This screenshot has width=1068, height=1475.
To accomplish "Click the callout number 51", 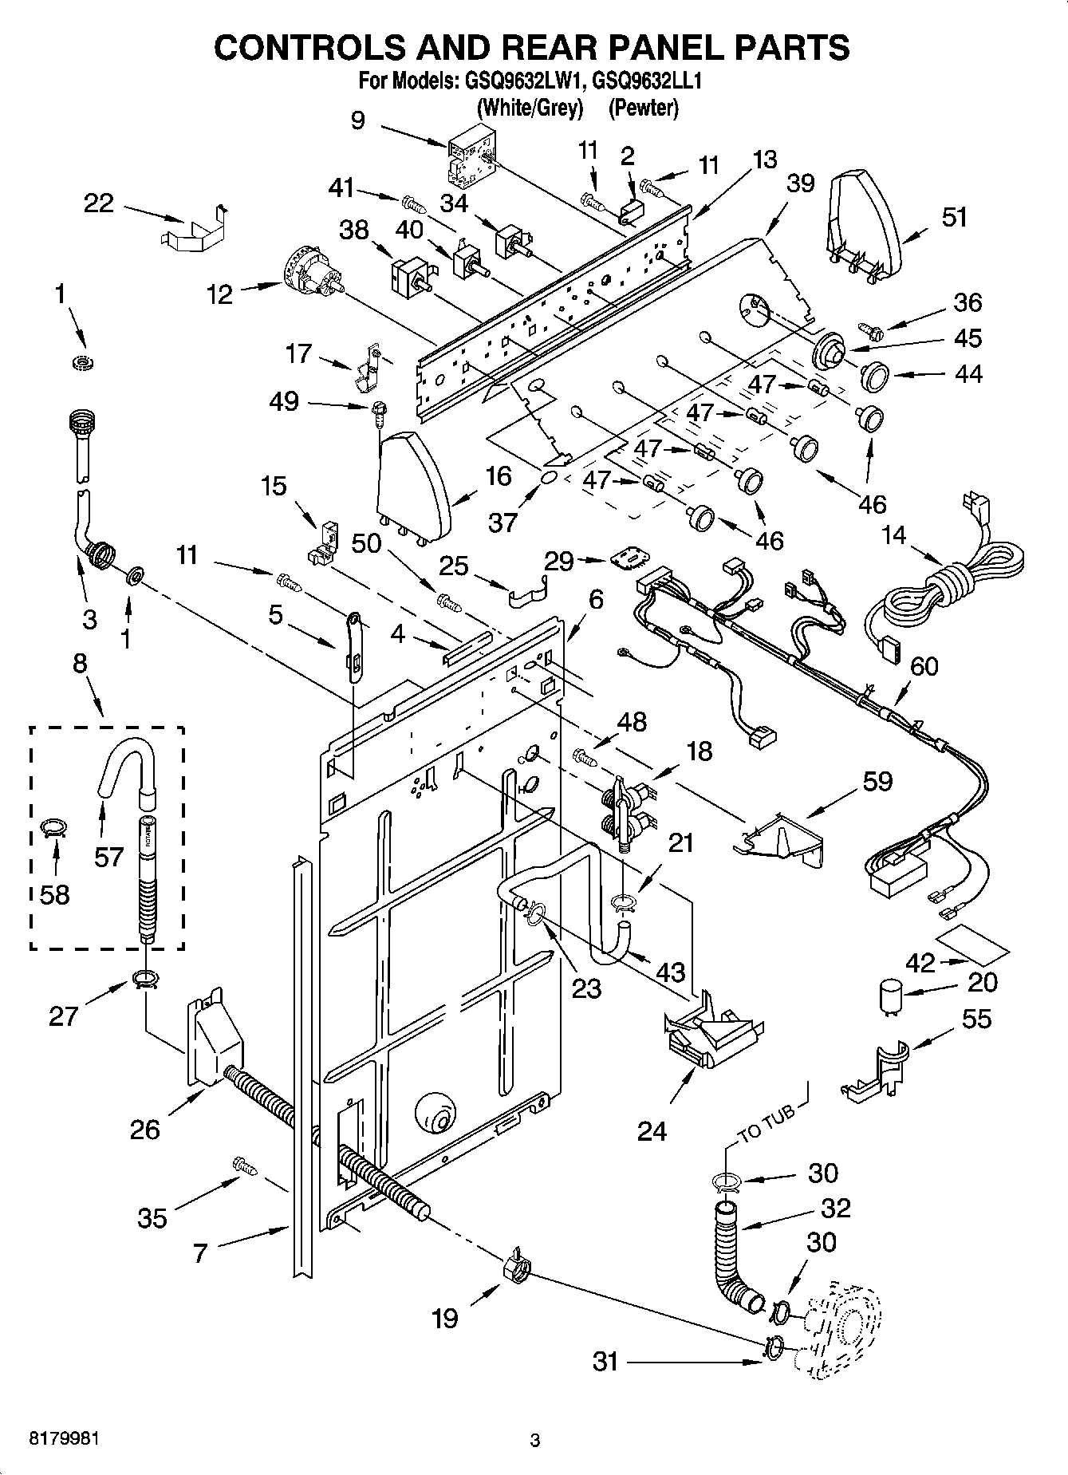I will pos(953,217).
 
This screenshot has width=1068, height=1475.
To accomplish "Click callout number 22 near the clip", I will pos(99,203).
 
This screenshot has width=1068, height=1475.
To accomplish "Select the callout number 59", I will pos(877,781).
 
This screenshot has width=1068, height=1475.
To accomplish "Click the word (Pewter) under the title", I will pos(643,108).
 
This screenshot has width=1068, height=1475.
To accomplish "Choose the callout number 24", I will pos(652,1130).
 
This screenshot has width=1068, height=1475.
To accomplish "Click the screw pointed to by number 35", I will pos(244,1165).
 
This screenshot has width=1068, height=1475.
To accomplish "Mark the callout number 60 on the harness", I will pos(924,665).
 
